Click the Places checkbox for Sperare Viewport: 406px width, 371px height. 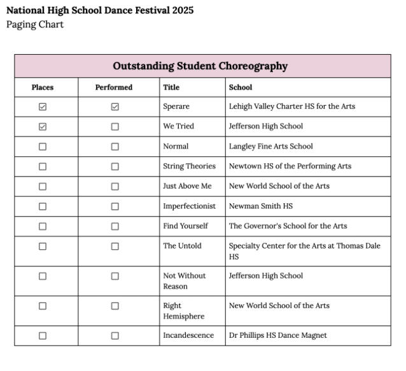43,107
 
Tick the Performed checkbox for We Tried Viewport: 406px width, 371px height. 115,127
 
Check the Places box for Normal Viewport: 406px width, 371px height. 43,147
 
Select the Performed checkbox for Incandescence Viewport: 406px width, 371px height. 115,336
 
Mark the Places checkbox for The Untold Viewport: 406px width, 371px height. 43,246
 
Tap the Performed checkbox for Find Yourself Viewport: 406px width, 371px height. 115,226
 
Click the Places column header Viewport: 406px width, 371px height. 43,87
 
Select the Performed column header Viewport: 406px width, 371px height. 114,87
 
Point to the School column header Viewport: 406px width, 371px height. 241,87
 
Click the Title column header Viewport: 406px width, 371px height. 171,87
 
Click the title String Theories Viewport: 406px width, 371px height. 189,166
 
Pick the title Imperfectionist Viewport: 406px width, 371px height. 189,207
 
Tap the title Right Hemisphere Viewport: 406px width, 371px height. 183,311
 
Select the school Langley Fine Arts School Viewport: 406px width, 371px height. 270,147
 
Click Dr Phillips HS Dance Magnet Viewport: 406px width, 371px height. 277,336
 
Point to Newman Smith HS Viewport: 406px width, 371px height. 261,207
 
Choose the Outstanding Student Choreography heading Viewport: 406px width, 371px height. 200,66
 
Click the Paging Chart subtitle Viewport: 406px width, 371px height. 35,25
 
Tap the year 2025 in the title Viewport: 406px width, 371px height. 182,11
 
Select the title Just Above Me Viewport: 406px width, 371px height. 187,186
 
